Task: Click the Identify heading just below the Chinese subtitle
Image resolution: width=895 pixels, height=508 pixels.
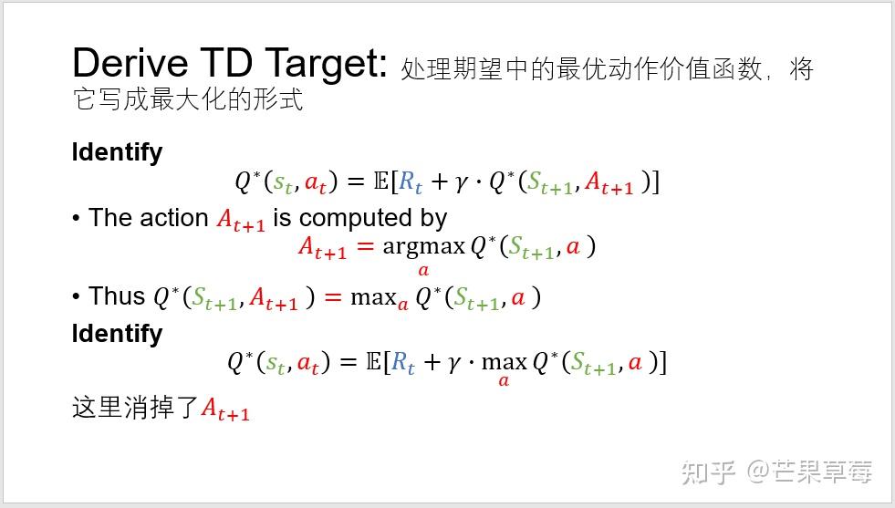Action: [117, 152]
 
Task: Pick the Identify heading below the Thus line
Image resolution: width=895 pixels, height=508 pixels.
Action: [117, 334]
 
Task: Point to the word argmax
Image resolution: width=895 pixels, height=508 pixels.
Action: [423, 245]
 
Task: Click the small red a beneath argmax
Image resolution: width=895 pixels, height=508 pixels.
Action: [423, 270]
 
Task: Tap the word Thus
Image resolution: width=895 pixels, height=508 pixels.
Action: [117, 296]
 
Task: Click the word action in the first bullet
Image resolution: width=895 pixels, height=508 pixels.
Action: [175, 218]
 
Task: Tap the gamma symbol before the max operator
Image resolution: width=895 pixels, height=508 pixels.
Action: [454, 363]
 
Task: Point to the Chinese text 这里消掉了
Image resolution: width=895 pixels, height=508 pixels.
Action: [135, 407]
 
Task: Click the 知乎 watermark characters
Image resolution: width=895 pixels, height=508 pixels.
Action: [710, 472]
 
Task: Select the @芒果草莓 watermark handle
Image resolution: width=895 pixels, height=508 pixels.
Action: [809, 472]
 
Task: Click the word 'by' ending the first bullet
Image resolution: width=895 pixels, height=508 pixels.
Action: [433, 219]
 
